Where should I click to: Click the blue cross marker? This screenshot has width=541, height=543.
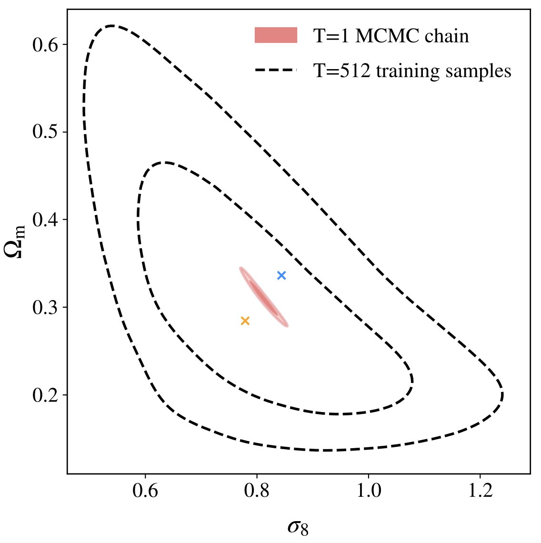click(x=281, y=275)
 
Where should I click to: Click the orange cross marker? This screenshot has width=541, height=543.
click(x=245, y=321)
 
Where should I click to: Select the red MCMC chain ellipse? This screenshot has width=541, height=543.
click(x=263, y=297)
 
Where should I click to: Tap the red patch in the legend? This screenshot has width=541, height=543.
click(x=276, y=36)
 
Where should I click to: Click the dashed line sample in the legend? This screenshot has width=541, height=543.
click(x=276, y=70)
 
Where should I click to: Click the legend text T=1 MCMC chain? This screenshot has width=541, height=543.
click(x=391, y=36)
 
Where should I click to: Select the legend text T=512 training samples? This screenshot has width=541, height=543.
click(x=412, y=71)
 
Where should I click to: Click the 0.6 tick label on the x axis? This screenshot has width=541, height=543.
click(x=145, y=491)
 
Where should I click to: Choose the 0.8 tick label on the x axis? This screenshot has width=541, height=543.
click(x=257, y=491)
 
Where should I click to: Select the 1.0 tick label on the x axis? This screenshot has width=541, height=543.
click(x=368, y=491)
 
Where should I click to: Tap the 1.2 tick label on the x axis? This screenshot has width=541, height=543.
click(x=480, y=491)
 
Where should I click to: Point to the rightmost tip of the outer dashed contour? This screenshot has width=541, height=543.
click(x=502, y=395)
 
